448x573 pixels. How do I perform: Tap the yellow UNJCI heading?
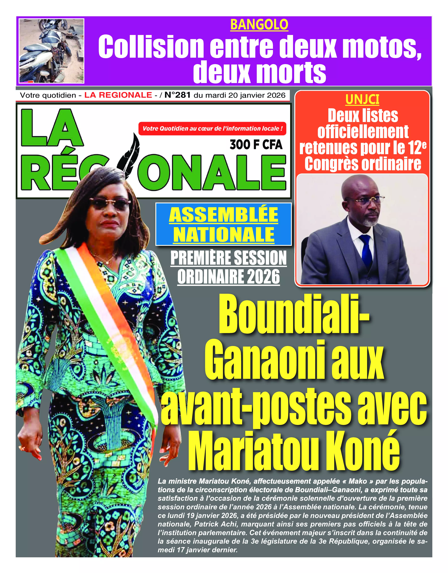click(362, 99)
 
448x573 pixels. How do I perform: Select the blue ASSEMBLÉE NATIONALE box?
click(224, 224)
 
